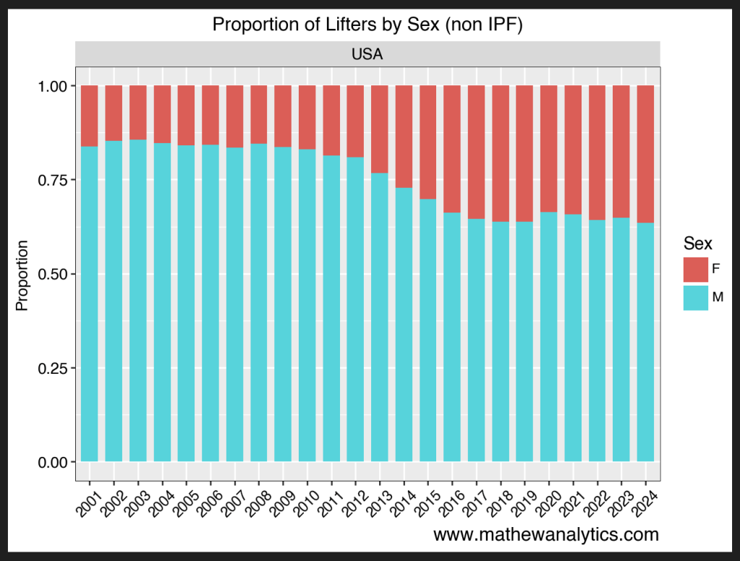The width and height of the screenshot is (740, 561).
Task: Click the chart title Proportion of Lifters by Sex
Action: [x=367, y=25]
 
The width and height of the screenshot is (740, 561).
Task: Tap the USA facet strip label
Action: [x=367, y=54]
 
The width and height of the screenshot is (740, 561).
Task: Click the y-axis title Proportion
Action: [x=22, y=275]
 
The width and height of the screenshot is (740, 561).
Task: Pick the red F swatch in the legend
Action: [x=695, y=269]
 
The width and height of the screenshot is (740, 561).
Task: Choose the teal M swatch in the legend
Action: [x=695, y=297]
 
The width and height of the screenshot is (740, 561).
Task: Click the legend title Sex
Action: [x=698, y=243]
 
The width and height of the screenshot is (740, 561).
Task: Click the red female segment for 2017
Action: [x=476, y=152]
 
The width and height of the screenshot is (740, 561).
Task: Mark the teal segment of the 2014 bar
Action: [x=404, y=325]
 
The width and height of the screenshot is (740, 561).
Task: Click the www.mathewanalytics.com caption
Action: [x=546, y=535]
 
